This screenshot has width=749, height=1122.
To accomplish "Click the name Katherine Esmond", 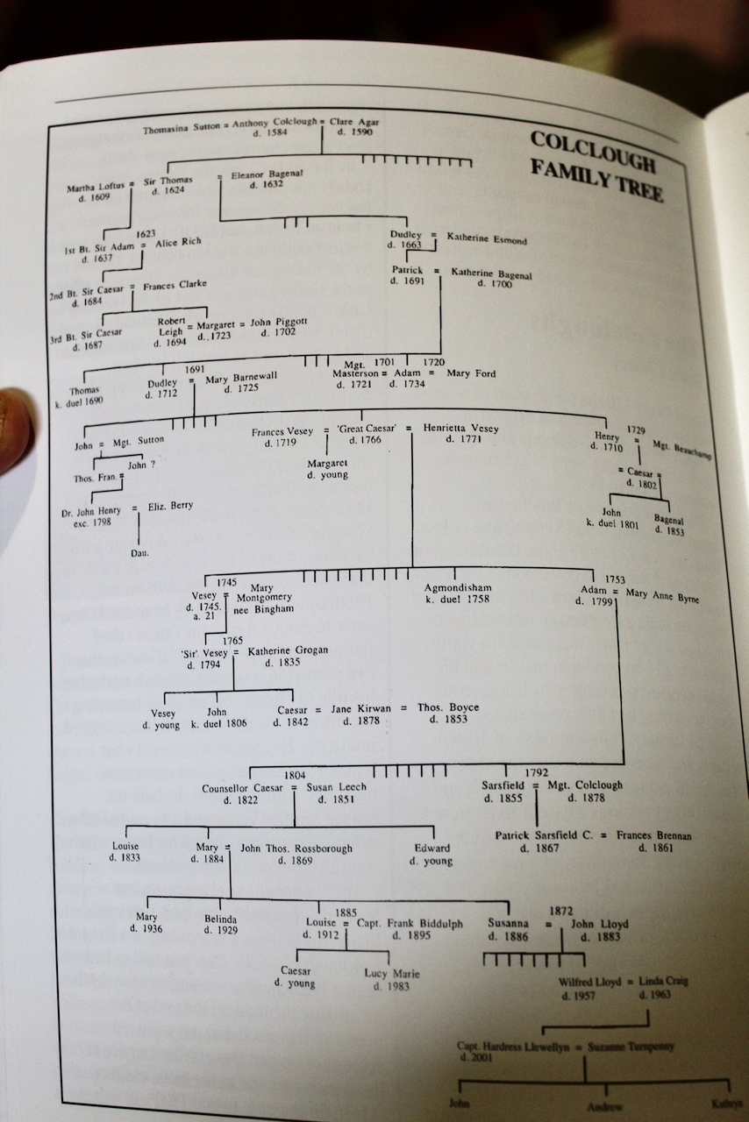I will tap(487, 238).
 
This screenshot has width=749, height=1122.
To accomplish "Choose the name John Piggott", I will tap(279, 323).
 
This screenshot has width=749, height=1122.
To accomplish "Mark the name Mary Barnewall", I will tap(241, 376).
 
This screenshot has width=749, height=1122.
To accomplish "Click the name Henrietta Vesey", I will tap(460, 429).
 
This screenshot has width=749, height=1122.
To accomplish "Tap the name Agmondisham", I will tap(458, 587).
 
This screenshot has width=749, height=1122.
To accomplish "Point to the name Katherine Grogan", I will tap(288, 650).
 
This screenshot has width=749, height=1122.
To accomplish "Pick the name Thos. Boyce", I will tap(447, 707).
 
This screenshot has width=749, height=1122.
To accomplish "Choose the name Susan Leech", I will tap(336, 787).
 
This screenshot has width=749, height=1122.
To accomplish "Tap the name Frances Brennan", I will tap(653, 836).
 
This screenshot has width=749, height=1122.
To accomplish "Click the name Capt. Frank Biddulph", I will tap(409, 923).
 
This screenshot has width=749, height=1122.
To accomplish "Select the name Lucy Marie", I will tap(392, 973).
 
